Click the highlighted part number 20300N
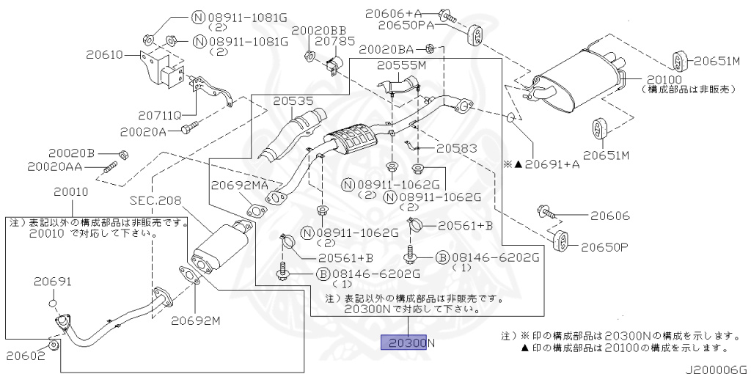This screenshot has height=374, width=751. (408, 342)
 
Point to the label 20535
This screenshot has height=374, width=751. (293, 101)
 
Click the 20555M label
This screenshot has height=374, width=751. (401, 65)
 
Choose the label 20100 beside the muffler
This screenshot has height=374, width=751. (664, 79)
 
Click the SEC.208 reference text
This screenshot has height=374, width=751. (155, 200)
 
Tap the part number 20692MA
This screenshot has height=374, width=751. (241, 186)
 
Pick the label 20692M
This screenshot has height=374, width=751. (197, 320)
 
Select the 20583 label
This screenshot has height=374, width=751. (457, 148)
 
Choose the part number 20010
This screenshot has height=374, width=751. (70, 192)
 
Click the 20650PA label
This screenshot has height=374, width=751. (406, 26)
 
